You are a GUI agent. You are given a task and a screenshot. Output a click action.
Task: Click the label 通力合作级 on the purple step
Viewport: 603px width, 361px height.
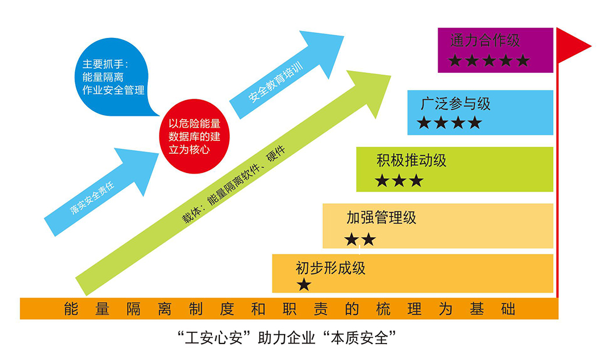[x=484, y=40]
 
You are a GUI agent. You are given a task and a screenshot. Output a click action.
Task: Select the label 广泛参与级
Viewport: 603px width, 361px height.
[x=455, y=104]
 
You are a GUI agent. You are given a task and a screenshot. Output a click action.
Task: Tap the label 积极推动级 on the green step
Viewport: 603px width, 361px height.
[x=412, y=160]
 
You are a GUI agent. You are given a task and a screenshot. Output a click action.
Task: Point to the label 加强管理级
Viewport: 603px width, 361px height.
[x=381, y=218]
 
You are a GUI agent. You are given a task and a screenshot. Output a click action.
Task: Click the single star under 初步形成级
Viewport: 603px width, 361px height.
[x=304, y=285]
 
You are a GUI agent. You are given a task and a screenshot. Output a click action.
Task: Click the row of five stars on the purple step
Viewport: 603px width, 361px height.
[x=489, y=60]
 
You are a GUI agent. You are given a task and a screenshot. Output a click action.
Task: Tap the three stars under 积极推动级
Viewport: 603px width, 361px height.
[x=399, y=180]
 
